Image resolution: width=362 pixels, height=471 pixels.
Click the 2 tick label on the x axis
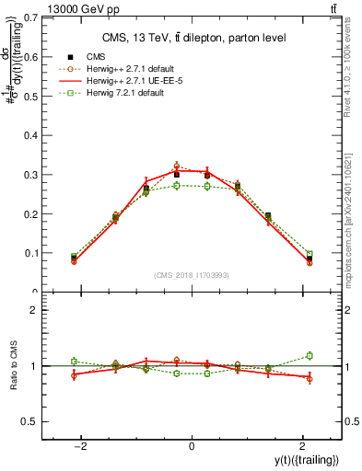[302, 446]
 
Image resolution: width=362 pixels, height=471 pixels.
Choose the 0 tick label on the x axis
[192, 446]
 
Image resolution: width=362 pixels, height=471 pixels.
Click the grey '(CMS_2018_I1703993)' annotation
[192, 276]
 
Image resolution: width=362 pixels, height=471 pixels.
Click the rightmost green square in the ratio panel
[309, 355]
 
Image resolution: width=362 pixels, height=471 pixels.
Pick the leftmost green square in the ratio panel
[74, 361]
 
